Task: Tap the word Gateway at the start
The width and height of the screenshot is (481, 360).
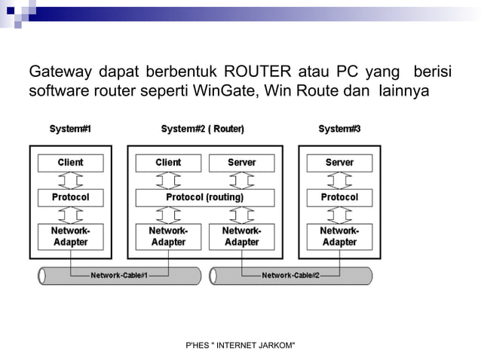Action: pos(60,72)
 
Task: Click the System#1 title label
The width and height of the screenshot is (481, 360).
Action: pos(70,129)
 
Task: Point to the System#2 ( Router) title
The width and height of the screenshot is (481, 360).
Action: pos(202,129)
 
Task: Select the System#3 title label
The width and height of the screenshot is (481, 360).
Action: pos(339,129)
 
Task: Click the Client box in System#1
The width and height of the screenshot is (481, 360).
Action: pos(70,163)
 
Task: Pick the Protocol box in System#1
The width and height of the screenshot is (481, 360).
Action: pos(70,197)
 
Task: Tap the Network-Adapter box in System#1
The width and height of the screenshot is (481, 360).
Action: pos(70,236)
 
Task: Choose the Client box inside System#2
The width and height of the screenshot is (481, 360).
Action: pos(168,163)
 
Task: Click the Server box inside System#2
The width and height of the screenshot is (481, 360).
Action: pos(241,163)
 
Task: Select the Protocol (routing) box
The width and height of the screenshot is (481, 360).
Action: pos(204,197)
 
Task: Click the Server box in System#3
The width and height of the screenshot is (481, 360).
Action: pos(339,163)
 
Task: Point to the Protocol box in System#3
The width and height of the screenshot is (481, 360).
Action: pos(339,197)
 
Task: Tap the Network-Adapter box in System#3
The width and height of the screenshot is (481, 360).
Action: pos(339,236)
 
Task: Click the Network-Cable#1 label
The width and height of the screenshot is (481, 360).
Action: pos(119,276)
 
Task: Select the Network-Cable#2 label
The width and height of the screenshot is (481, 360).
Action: pos(290,276)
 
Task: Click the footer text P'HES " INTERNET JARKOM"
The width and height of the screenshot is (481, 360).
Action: pos(240,345)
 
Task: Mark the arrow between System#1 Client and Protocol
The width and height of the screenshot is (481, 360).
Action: pos(70,180)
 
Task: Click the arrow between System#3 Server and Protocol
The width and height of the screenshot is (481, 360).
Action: pos(339,180)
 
